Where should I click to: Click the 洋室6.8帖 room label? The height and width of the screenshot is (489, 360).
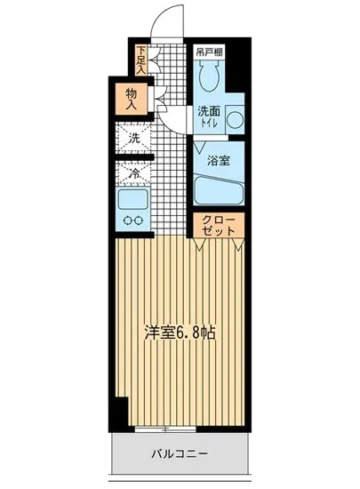pyautogui.click(x=180, y=335)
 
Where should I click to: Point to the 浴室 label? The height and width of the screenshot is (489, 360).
pyautogui.click(x=219, y=161)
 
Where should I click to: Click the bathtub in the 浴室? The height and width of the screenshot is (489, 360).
pyautogui.click(x=218, y=190)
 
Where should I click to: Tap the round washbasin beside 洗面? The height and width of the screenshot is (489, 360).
pyautogui.click(x=236, y=119)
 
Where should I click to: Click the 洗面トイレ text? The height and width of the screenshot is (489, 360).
pyautogui.click(x=209, y=119)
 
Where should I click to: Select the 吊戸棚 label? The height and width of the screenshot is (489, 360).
pyautogui.click(x=209, y=52)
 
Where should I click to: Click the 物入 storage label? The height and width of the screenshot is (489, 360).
pyautogui.click(x=131, y=99)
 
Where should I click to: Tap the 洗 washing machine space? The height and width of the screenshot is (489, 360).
pyautogui.click(x=133, y=138)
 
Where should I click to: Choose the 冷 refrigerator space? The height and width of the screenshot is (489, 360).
pyautogui.click(x=133, y=174)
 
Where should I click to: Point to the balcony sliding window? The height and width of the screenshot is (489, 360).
pyautogui.click(x=178, y=429)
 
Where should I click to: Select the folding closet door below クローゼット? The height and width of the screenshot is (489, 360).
pyautogui.click(x=218, y=241)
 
